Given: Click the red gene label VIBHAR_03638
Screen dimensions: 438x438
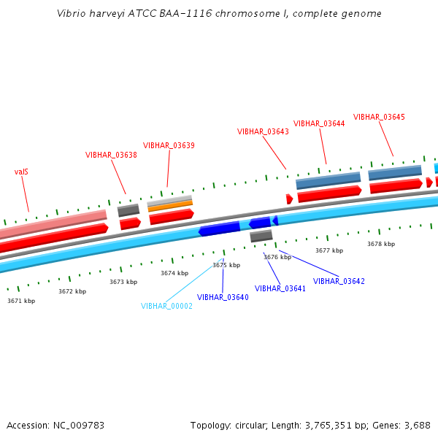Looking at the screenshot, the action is click(x=111, y=155).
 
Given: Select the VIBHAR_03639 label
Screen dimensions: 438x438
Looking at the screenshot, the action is click(x=169, y=145).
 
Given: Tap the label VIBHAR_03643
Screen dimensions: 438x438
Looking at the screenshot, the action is click(x=263, y=132).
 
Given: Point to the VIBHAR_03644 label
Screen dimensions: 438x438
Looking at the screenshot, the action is click(x=319, y=123).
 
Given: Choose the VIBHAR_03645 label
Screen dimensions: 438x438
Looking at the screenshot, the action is click(x=379, y=117).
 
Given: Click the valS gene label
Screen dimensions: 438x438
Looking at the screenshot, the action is click(x=21, y=172).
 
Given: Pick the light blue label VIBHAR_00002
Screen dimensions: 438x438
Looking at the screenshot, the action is click(x=166, y=307).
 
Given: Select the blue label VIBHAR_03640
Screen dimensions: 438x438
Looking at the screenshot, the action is click(x=223, y=297).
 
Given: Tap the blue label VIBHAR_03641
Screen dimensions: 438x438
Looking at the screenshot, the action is click(x=280, y=289).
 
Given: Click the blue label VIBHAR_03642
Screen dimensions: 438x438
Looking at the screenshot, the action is click(x=339, y=281).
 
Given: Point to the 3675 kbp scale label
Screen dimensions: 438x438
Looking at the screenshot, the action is click(x=226, y=265).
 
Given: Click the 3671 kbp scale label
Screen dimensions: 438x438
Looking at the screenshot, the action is click(x=21, y=301).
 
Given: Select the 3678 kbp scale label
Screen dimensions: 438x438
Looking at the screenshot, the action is click(x=381, y=244).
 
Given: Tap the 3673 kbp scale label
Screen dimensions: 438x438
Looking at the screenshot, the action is click(x=123, y=282).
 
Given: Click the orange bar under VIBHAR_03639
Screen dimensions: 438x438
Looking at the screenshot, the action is click(x=170, y=206).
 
